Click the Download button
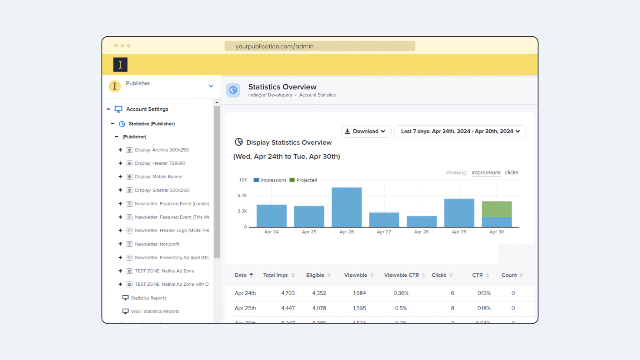pyautogui.click(x=366, y=131)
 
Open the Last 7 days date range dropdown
pyautogui.click(x=460, y=131)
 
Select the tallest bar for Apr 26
pyautogui.click(x=347, y=207)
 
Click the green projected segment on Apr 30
pyautogui.click(x=497, y=209)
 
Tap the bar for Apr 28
pyautogui.click(x=422, y=221)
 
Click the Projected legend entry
pyautogui.click(x=303, y=180)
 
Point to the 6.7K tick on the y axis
pyautogui.click(x=242, y=196)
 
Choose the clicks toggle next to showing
pyautogui.click(x=511, y=172)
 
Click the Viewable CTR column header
pyautogui.click(x=401, y=275)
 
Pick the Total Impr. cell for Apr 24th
pyautogui.click(x=288, y=293)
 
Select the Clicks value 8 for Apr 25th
pyautogui.click(x=452, y=308)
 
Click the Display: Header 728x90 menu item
pyautogui.click(x=160, y=163)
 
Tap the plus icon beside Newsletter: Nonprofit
pyautogui.click(x=120, y=244)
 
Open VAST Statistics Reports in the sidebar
pyautogui.click(x=155, y=311)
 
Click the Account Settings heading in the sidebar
pyautogui.click(x=147, y=109)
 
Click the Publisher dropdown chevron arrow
pyautogui.click(x=211, y=86)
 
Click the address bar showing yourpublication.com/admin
pyautogui.click(x=319, y=46)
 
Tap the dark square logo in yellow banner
pyautogui.click(x=120, y=65)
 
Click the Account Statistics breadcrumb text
pyautogui.click(x=317, y=95)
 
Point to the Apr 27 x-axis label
pyautogui.click(x=384, y=232)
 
